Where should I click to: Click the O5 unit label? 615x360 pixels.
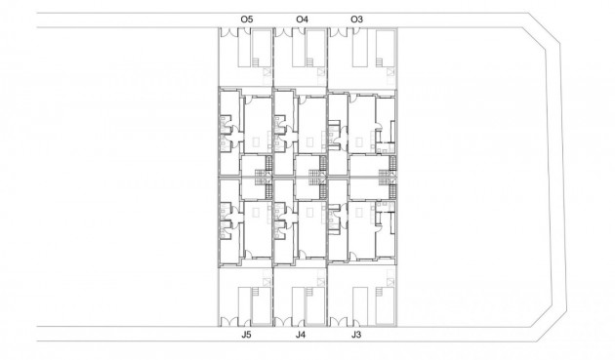(x=246, y=19)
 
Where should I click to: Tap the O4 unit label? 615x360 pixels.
(x=302, y=19)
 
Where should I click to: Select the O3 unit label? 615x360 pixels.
(x=356, y=19)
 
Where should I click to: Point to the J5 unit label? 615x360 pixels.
(x=246, y=335)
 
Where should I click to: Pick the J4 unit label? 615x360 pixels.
(x=302, y=335)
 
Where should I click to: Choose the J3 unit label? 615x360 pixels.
(x=356, y=335)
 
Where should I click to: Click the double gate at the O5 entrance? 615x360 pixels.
(x=229, y=32)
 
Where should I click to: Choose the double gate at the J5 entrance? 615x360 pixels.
(x=229, y=321)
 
